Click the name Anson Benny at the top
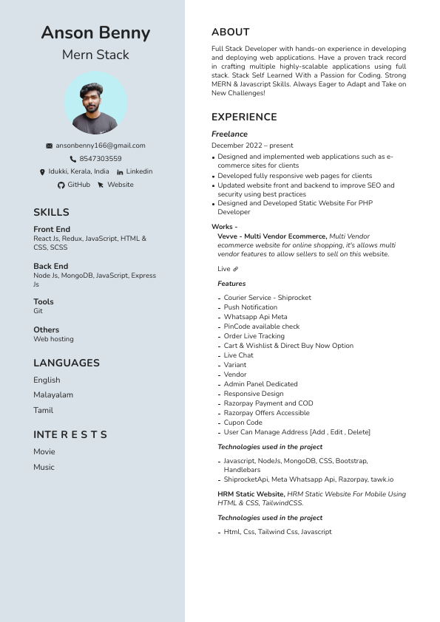95,33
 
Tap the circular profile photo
95,103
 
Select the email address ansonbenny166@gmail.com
101,146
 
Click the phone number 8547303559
101,159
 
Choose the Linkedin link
139,171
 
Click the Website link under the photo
121,185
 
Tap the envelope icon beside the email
50,146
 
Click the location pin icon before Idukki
42,172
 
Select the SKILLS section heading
51,213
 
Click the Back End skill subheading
50,266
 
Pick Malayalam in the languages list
53,394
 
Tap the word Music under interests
44,467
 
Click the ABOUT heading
230,33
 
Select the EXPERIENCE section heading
244,117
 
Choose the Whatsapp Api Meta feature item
255,317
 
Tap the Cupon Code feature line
243,423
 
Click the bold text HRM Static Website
251,493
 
